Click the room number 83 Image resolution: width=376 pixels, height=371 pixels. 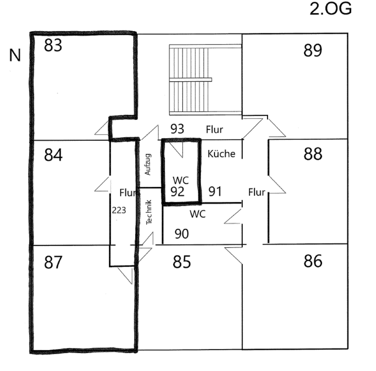point(53,46)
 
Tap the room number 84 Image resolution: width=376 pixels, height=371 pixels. point(53,155)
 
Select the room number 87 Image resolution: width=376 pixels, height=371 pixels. point(53,262)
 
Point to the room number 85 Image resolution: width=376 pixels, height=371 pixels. point(182,262)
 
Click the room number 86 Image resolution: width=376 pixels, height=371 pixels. point(313,261)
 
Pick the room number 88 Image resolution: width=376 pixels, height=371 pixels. point(313,154)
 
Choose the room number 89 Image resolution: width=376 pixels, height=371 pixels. point(313,51)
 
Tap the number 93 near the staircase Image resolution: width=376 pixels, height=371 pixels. point(177,129)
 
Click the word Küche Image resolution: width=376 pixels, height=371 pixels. point(221,154)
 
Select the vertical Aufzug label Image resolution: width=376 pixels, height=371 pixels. point(148,164)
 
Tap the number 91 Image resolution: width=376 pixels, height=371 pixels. point(215,191)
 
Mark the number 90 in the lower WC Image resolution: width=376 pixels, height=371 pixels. point(181,234)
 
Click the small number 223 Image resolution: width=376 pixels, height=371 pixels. point(119,210)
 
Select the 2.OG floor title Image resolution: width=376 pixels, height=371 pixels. point(330,9)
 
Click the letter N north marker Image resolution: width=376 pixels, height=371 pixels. point(15,56)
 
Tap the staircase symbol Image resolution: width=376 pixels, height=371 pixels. point(205,80)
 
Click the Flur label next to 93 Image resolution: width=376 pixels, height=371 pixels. point(214,129)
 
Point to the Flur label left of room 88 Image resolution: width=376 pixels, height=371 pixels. point(257,193)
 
